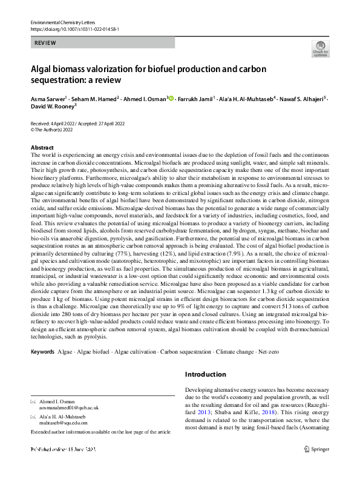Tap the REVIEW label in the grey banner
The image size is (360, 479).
tap(46, 43)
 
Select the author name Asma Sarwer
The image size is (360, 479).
tap(48, 99)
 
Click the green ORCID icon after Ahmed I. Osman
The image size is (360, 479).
tap(171, 99)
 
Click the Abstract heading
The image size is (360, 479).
tap(42, 148)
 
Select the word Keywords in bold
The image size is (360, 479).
tap(42, 351)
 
